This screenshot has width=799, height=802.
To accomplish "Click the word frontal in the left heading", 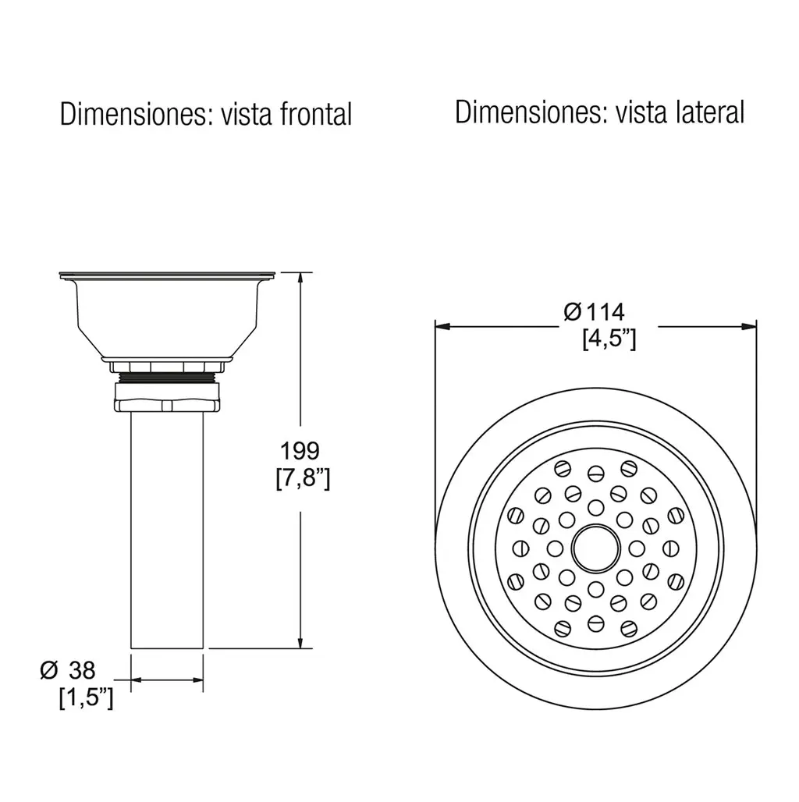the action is pos(315,114).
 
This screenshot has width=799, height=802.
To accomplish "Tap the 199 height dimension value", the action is pos(300,451).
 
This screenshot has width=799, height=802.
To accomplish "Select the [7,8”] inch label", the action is pos(303,478).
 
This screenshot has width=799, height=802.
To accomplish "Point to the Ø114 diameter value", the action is pos(594,312).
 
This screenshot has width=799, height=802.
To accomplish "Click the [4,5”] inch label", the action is pos(609,338).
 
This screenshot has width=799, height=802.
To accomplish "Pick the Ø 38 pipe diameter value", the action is pos(68,669).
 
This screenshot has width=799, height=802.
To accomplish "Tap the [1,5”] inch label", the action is pos(86,697).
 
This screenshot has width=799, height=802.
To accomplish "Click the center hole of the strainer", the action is pos(595,548).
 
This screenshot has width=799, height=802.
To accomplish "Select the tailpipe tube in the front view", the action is pos(167,530).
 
